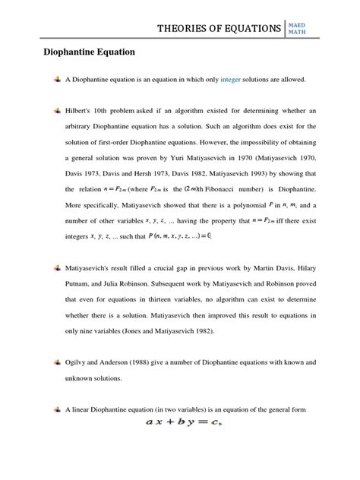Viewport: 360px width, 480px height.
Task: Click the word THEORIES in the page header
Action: click(188, 29)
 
